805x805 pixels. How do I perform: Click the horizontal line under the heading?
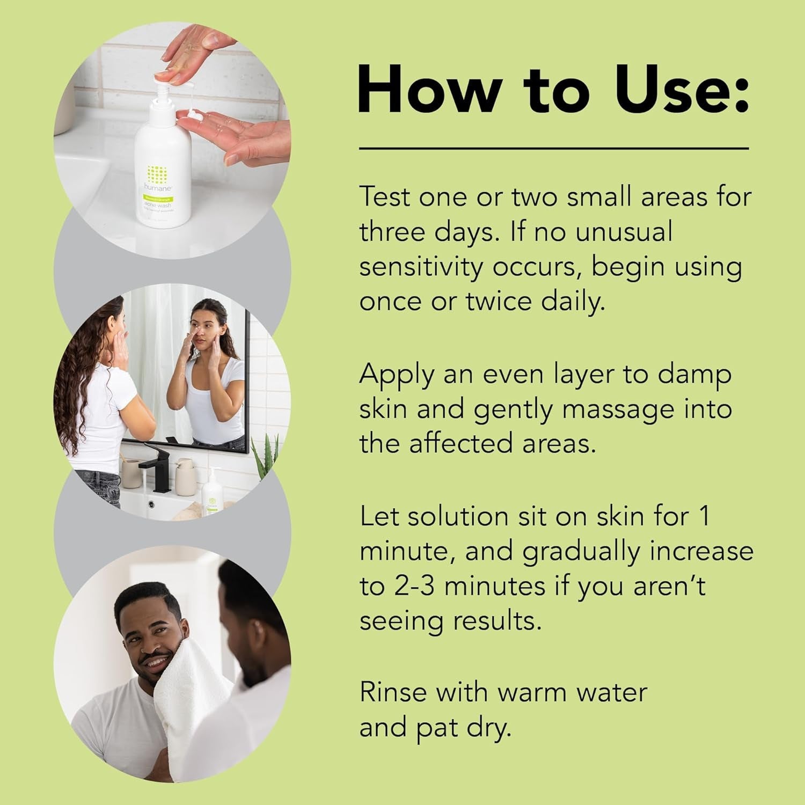coord(553,148)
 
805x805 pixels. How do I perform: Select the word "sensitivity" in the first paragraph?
coord(421,267)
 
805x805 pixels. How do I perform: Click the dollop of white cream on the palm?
coord(193,115)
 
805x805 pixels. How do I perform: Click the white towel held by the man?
coord(188,698)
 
